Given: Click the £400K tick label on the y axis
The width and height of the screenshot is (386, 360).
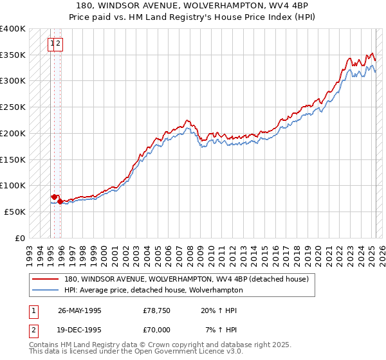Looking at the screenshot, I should point(13,29).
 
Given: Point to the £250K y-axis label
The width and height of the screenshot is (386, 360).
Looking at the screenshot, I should point(13,107).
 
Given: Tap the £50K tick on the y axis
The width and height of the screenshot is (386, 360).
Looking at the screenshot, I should point(15,212).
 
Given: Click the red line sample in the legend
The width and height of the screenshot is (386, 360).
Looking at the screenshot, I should point(44,280).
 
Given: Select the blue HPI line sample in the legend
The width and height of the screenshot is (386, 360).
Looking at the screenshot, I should point(44,290).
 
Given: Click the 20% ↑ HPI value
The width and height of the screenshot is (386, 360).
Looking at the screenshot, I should point(219,311).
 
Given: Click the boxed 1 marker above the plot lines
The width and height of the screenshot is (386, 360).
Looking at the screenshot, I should point(51,44).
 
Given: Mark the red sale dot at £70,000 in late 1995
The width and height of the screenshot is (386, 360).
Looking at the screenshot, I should point(60,201).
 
